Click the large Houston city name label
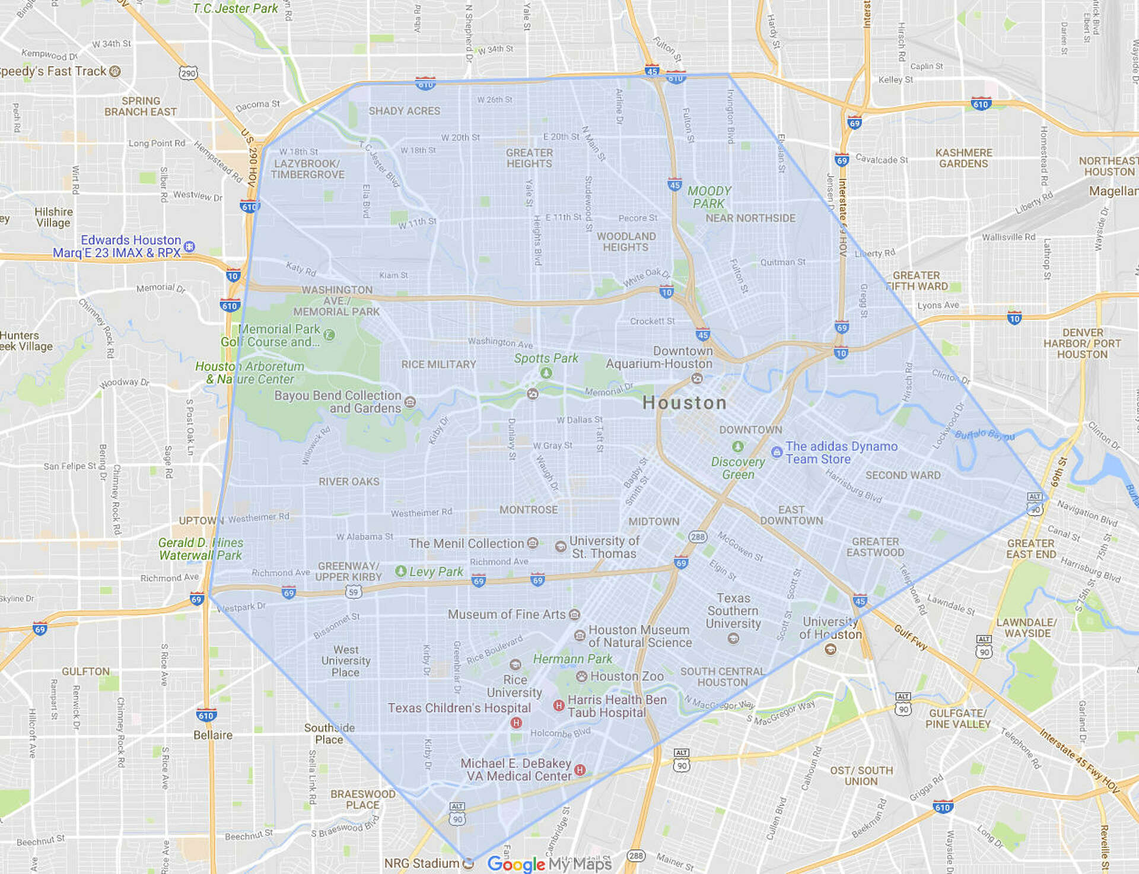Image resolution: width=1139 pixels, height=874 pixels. coord(685,403)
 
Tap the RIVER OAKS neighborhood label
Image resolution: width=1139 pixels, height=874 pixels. coord(349,481)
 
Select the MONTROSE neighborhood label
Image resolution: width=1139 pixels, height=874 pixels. coord(528,510)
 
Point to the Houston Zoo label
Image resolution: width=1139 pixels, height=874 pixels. coord(626,676)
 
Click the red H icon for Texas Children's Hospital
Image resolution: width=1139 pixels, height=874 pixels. coord(516,723)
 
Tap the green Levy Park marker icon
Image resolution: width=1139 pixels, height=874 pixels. coord(401,571)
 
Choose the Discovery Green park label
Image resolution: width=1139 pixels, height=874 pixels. coord(738,468)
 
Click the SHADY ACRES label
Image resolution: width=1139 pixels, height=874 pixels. coord(404,111)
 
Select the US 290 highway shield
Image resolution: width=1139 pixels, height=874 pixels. coord(188,74)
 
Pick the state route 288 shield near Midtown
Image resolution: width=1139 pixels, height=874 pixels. coord(698,537)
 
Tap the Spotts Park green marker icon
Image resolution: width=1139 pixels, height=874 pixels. coord(546,373)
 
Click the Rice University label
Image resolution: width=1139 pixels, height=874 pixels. coord(514,686)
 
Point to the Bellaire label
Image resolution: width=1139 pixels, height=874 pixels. coord(213,735)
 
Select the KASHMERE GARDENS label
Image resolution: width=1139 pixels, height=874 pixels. coord(963,158)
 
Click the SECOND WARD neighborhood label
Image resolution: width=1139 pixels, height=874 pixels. coord(902,475)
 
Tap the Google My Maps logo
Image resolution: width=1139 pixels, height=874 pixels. coord(549,864)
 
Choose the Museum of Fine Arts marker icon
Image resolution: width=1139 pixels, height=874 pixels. coord(574,615)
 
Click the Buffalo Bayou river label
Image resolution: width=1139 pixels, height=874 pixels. coord(984,435)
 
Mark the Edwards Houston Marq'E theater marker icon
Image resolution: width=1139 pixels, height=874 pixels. coord(189,246)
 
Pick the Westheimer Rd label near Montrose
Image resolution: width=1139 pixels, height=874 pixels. coord(421,513)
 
